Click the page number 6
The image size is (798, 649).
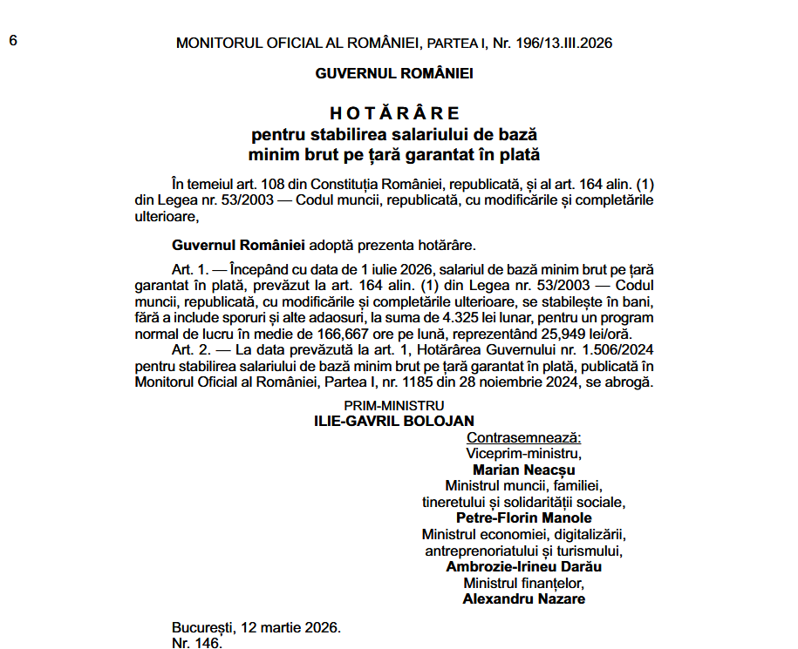point(13,40)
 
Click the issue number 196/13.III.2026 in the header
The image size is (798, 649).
point(568,43)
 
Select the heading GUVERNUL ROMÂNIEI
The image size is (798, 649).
point(394,73)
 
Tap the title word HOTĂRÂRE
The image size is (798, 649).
point(394,114)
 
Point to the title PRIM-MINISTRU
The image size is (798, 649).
point(394,405)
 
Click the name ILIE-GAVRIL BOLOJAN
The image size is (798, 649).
point(394,422)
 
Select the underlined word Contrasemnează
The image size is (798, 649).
point(524,437)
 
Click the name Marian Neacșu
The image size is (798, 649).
point(524,470)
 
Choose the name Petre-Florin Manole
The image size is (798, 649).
point(524,517)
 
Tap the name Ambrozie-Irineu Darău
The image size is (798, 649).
point(524,566)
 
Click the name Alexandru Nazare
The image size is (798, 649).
point(524,598)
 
